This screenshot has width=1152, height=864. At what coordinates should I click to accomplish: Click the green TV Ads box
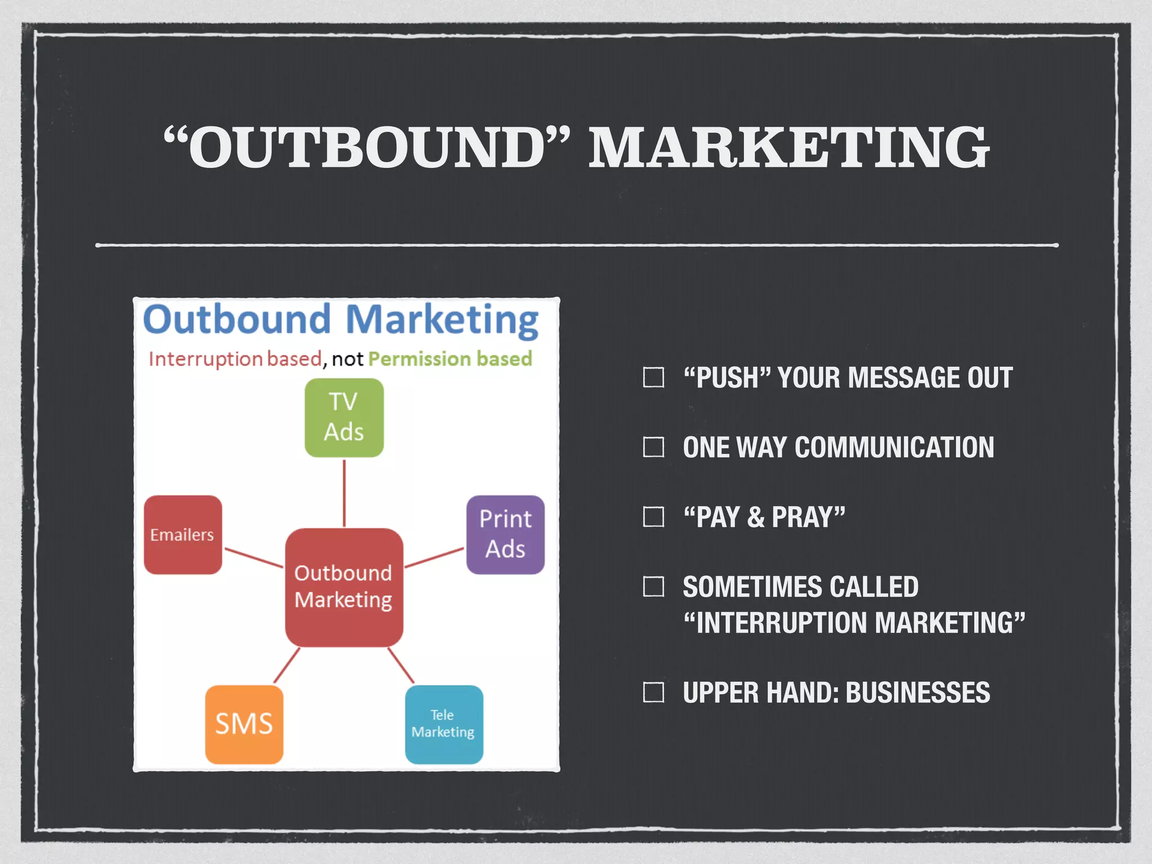coord(344,417)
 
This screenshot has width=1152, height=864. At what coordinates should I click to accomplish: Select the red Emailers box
coord(183,534)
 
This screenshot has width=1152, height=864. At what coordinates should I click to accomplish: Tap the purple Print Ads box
coord(505,534)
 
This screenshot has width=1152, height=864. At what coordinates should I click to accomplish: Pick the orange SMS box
coord(244,724)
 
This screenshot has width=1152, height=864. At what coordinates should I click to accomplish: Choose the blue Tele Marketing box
coord(444,724)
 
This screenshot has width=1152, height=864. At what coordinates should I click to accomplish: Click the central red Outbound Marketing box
coord(344,587)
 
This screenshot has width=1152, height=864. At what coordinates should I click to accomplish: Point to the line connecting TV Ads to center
coord(344,493)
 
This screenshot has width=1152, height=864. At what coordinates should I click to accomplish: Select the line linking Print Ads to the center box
coord(434,557)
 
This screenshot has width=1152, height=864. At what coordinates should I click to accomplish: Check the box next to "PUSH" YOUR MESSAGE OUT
coord(654,377)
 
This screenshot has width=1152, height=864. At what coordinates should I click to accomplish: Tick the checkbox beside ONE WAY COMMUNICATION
coord(654,447)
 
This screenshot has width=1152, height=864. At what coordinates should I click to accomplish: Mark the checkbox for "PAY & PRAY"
coord(654,517)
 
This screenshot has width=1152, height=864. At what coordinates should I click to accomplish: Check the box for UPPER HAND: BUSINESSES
coord(654,692)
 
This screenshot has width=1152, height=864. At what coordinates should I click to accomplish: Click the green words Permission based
coord(450,359)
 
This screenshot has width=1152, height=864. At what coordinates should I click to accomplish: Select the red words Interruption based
coord(235,359)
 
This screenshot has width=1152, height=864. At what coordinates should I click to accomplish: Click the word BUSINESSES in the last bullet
coord(917,692)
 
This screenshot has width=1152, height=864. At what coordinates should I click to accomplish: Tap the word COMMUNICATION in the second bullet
coord(894,447)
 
